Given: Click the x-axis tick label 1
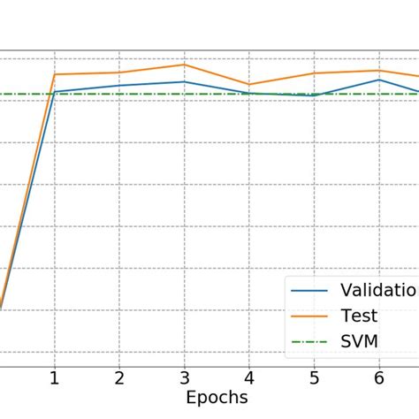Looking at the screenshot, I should coord(54,377).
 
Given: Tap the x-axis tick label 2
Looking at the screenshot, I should coord(119,377).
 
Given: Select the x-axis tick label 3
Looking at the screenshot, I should coord(184,377).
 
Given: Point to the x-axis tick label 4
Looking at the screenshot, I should coord(249,377).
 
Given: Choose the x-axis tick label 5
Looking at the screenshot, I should coord(314,377).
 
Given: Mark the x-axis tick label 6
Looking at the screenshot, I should coord(379,377).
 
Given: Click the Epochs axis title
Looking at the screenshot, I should coord(217,398).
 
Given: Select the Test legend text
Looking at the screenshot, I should coord(360,316).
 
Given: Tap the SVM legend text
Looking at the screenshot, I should coord(361,341).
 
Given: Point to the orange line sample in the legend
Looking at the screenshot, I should coord(310,316).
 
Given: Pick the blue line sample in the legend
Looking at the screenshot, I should coord(310,290).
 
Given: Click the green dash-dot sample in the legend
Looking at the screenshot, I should coord(310,341).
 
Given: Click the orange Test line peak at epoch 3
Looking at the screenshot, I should coord(184,65).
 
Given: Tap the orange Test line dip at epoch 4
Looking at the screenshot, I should coord(249,84).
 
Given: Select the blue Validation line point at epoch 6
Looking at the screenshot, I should coord(379,80).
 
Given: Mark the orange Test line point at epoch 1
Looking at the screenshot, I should coord(54,74).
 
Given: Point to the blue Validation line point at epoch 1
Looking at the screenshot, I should coord(54,91).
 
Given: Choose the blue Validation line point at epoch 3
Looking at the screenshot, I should coord(184,81).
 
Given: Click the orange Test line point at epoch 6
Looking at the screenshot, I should coord(379,71).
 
